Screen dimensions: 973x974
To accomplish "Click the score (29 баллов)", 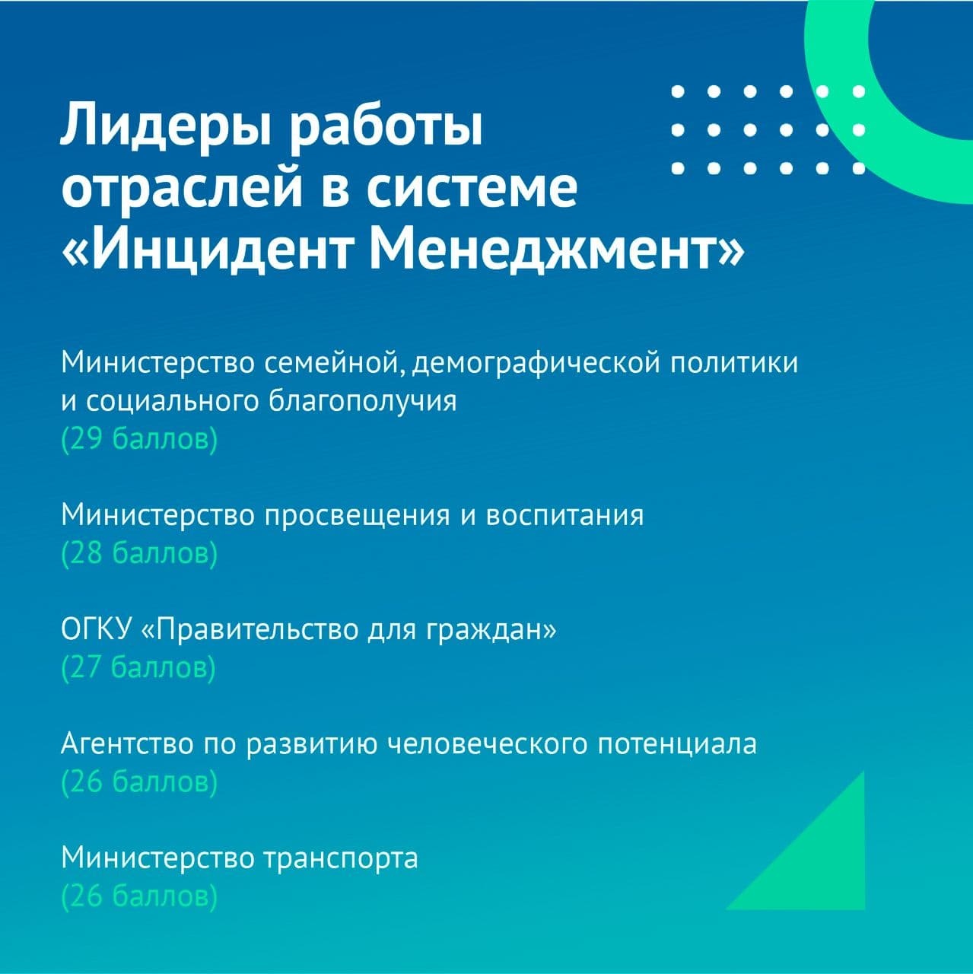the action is (x=139, y=440).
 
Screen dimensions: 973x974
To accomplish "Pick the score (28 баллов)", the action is (x=139, y=554).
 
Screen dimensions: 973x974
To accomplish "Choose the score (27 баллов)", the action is (x=138, y=667).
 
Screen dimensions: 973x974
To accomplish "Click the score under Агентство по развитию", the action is (x=139, y=782).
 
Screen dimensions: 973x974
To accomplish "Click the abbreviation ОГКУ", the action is (x=96, y=630).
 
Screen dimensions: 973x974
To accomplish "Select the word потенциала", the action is (x=678, y=744).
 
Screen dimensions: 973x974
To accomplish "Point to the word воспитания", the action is (x=565, y=516).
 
